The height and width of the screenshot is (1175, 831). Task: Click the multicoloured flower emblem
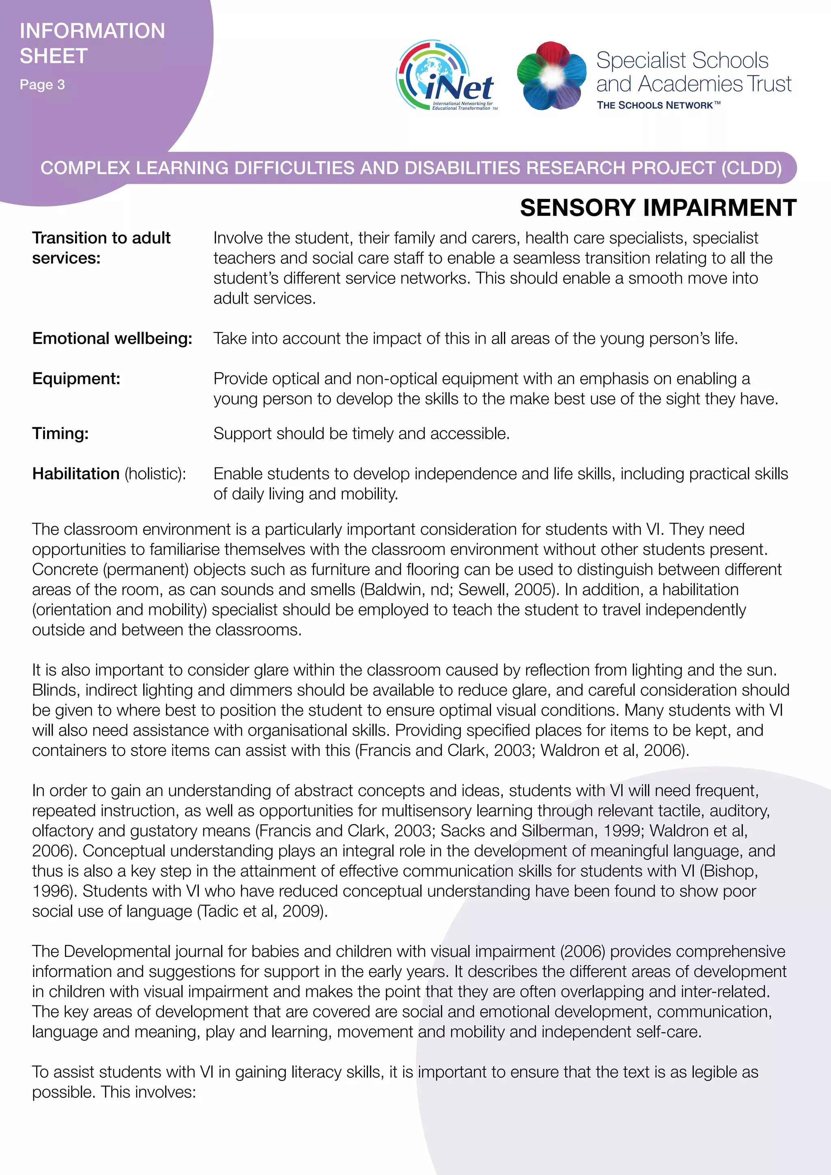(x=551, y=76)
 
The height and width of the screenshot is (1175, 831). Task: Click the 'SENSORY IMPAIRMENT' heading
(x=658, y=208)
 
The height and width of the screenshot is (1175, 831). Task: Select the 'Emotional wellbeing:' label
(x=112, y=338)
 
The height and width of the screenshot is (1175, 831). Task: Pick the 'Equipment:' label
(x=76, y=379)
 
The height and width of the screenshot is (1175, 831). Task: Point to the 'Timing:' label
(x=60, y=433)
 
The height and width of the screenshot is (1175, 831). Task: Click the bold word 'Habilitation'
(x=76, y=474)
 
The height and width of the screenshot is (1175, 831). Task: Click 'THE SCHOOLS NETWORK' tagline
(x=658, y=105)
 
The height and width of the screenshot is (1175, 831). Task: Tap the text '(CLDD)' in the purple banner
(x=751, y=168)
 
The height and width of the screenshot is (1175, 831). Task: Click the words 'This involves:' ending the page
(x=149, y=1092)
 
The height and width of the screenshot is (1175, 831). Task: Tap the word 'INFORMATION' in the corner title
(x=92, y=31)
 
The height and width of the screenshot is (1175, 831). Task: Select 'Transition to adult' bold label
(x=101, y=238)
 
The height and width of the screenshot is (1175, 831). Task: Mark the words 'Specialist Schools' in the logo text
(x=682, y=60)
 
